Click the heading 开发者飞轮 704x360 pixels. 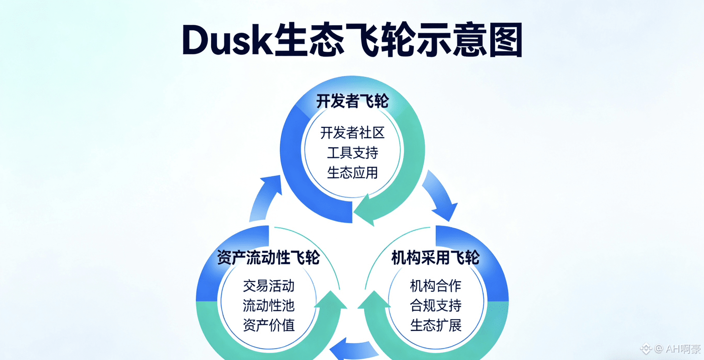click(x=352, y=101)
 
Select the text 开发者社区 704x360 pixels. click(x=352, y=133)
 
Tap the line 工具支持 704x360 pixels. click(x=352, y=153)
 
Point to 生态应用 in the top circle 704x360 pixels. click(x=352, y=173)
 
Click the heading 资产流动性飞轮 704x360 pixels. click(x=268, y=257)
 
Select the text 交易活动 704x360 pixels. click(x=269, y=286)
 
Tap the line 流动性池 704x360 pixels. click(x=269, y=305)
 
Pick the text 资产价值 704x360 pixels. click(x=269, y=325)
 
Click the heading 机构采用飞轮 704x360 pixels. click(x=435, y=257)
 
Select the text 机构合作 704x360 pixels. click(x=435, y=286)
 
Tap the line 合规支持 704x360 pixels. click(x=435, y=305)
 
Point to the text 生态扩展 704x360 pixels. click(x=435, y=325)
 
